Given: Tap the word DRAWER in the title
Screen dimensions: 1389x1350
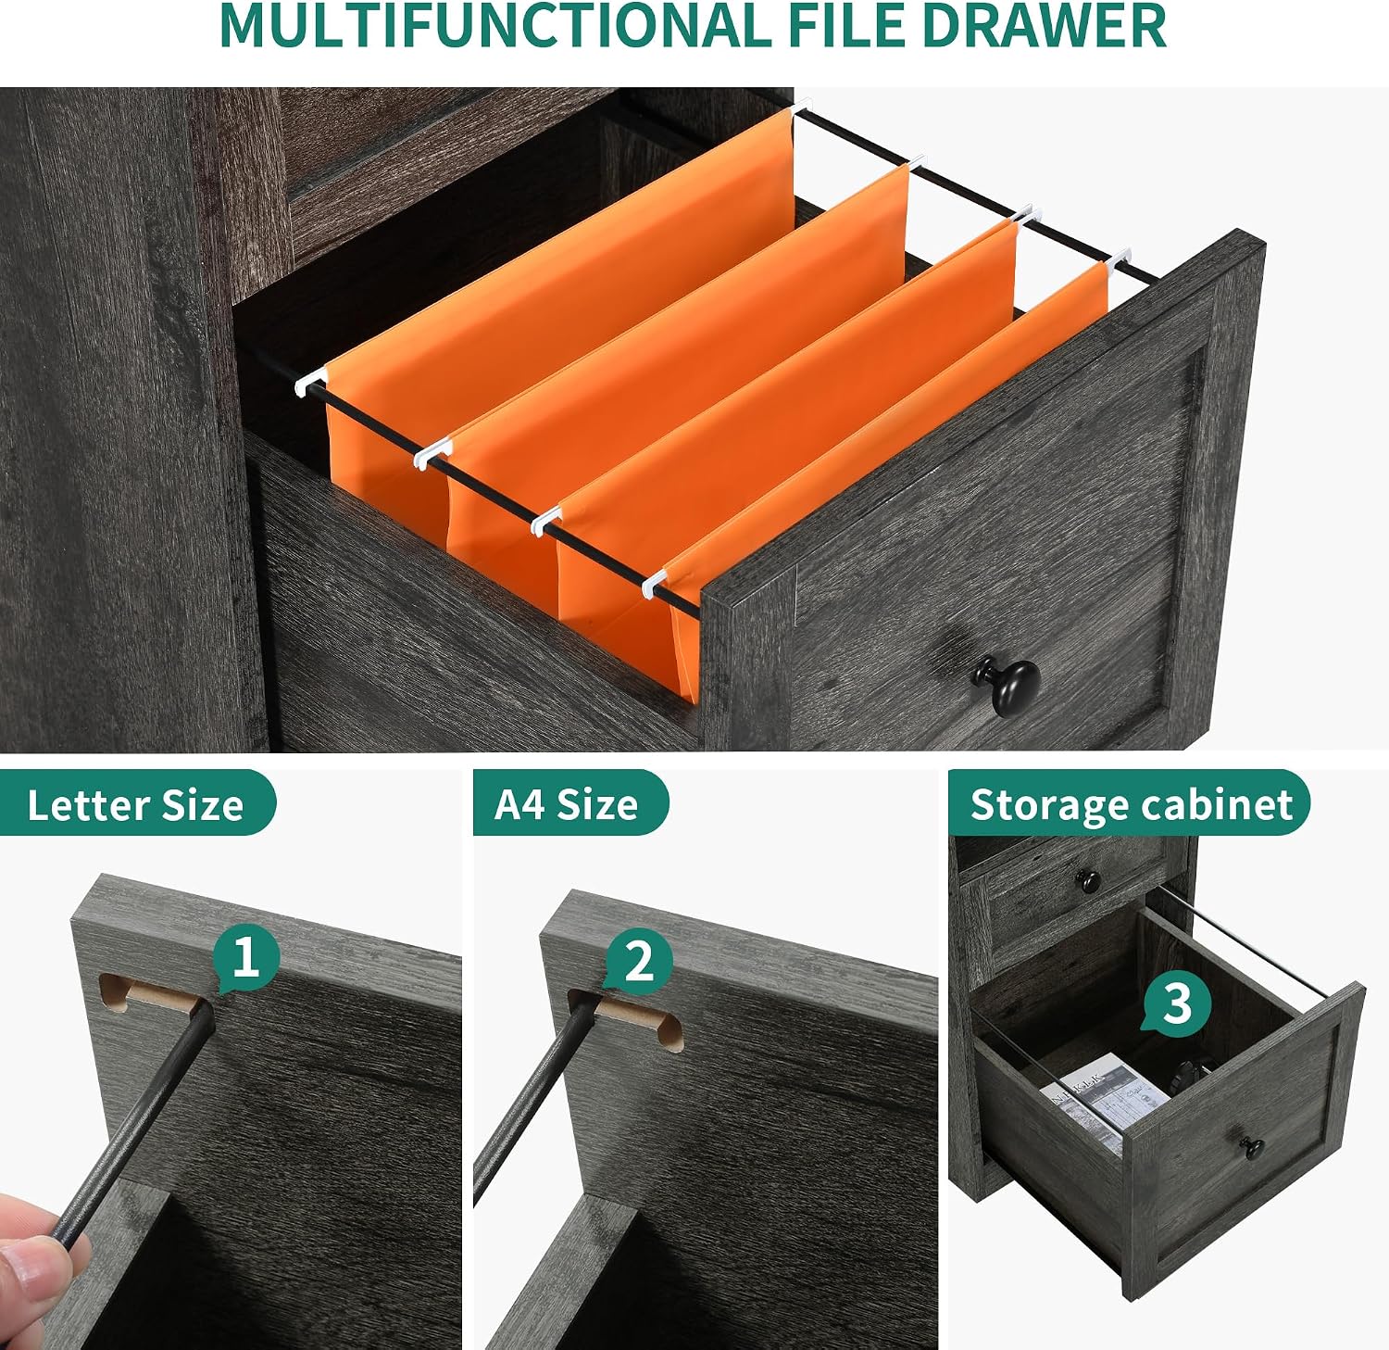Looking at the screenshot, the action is click(x=1044, y=25).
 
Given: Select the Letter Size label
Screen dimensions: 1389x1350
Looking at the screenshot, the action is click(x=135, y=804).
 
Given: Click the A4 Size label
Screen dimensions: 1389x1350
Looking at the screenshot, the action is click(x=567, y=803).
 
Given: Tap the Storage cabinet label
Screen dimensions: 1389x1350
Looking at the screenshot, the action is click(x=1131, y=803).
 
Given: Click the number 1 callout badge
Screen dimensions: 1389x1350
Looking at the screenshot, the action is click(x=245, y=958).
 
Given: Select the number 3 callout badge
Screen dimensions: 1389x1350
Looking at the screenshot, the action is click(x=1176, y=1003).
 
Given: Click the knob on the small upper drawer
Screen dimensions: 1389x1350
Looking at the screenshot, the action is click(x=1089, y=880).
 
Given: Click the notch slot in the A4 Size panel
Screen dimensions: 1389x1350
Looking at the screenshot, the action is click(x=625, y=1017).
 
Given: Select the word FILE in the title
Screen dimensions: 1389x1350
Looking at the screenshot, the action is click(x=847, y=25).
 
